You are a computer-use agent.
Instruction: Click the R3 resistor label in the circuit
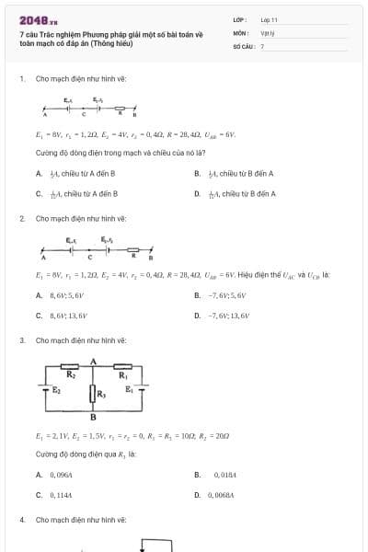(102, 396)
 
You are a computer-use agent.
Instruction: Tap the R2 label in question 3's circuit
(70, 374)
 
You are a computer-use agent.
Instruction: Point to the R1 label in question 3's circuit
(122, 374)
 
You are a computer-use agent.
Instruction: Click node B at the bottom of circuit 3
(93, 417)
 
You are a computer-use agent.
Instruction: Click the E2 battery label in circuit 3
(56, 390)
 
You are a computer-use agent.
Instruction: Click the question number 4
(21, 520)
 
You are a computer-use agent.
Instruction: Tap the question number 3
(21, 340)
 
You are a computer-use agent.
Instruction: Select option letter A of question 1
(39, 173)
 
